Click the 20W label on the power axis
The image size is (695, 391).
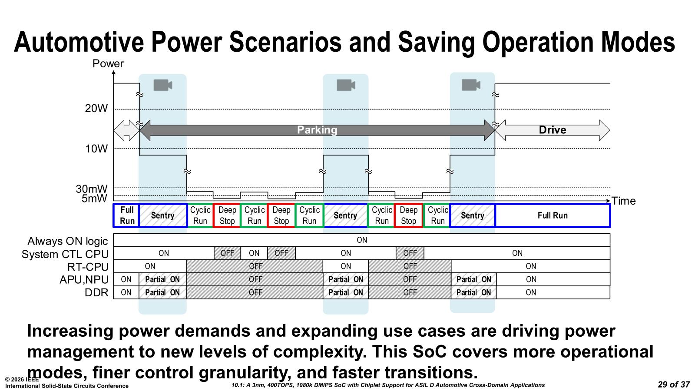point(96,108)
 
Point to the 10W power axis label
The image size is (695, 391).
point(96,149)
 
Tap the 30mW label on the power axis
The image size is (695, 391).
point(92,189)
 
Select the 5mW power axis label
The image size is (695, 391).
point(94,198)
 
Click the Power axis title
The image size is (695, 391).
point(108,63)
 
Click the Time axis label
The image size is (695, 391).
point(623,201)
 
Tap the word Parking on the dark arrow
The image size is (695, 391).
point(317,130)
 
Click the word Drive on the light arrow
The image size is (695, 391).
point(552,130)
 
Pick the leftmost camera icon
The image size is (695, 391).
point(163,85)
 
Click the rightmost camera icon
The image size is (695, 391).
point(471,85)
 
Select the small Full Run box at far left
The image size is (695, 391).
point(126,215)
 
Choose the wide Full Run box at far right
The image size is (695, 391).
point(553,215)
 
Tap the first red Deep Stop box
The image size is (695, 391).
point(227,215)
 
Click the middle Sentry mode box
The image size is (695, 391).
point(345,215)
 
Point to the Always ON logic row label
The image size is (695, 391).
point(68,241)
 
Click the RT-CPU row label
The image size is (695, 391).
point(88,267)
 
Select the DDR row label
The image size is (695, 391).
point(96,293)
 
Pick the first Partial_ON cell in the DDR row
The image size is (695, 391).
point(162,292)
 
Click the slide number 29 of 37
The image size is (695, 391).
point(674,384)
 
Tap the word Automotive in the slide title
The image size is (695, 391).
point(79,42)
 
